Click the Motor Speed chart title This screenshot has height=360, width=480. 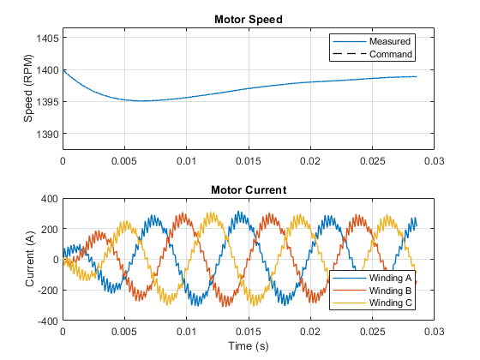(x=249, y=20)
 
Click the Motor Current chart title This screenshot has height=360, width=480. (x=249, y=190)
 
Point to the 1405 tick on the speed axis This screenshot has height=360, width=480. (x=47, y=39)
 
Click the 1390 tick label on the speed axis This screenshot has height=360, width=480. (x=47, y=135)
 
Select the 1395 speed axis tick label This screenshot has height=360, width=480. (x=47, y=102)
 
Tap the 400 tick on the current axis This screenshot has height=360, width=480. (x=50, y=199)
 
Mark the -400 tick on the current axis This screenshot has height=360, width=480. (x=48, y=321)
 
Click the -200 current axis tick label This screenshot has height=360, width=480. (x=48, y=291)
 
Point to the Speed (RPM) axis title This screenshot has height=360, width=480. (x=27, y=88)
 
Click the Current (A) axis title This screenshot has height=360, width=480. (x=30, y=259)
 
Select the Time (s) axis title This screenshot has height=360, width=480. (x=249, y=346)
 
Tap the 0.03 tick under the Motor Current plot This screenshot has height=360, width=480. (x=434, y=332)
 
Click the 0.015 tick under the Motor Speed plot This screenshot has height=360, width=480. (x=249, y=161)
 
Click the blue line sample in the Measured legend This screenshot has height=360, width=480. (x=350, y=42)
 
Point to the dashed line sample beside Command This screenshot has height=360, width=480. (x=350, y=54)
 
